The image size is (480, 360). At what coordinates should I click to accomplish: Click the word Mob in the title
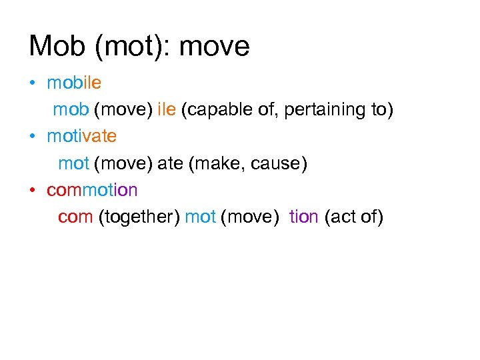pos(55,46)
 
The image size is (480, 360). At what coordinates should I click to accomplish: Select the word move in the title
pos(215,47)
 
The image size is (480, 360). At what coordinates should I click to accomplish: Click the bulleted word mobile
pos(74,83)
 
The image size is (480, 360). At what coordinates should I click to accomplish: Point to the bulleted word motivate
pos(81,137)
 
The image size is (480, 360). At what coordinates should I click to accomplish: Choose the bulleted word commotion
pos(92,190)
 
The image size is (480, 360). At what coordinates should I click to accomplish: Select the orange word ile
pos(166,110)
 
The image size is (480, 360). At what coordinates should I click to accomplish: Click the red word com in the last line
pos(75,217)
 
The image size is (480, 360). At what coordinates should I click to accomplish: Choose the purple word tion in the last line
pos(303,217)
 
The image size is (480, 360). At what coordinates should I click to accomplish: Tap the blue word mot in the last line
pos(200,217)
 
